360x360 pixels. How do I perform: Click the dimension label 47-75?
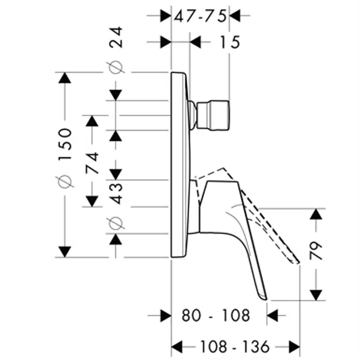pos(201,15)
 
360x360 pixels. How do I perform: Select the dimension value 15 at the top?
pos(229,41)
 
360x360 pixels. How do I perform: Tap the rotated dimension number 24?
pos(116,37)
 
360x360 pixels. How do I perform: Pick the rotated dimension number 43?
pos(116,193)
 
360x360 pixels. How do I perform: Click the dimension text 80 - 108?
pos(215,316)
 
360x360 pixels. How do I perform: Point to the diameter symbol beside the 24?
pos(116,67)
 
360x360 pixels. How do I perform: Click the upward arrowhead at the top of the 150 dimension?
pos(65,77)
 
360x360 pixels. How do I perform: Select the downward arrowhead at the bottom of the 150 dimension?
pos(65,251)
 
